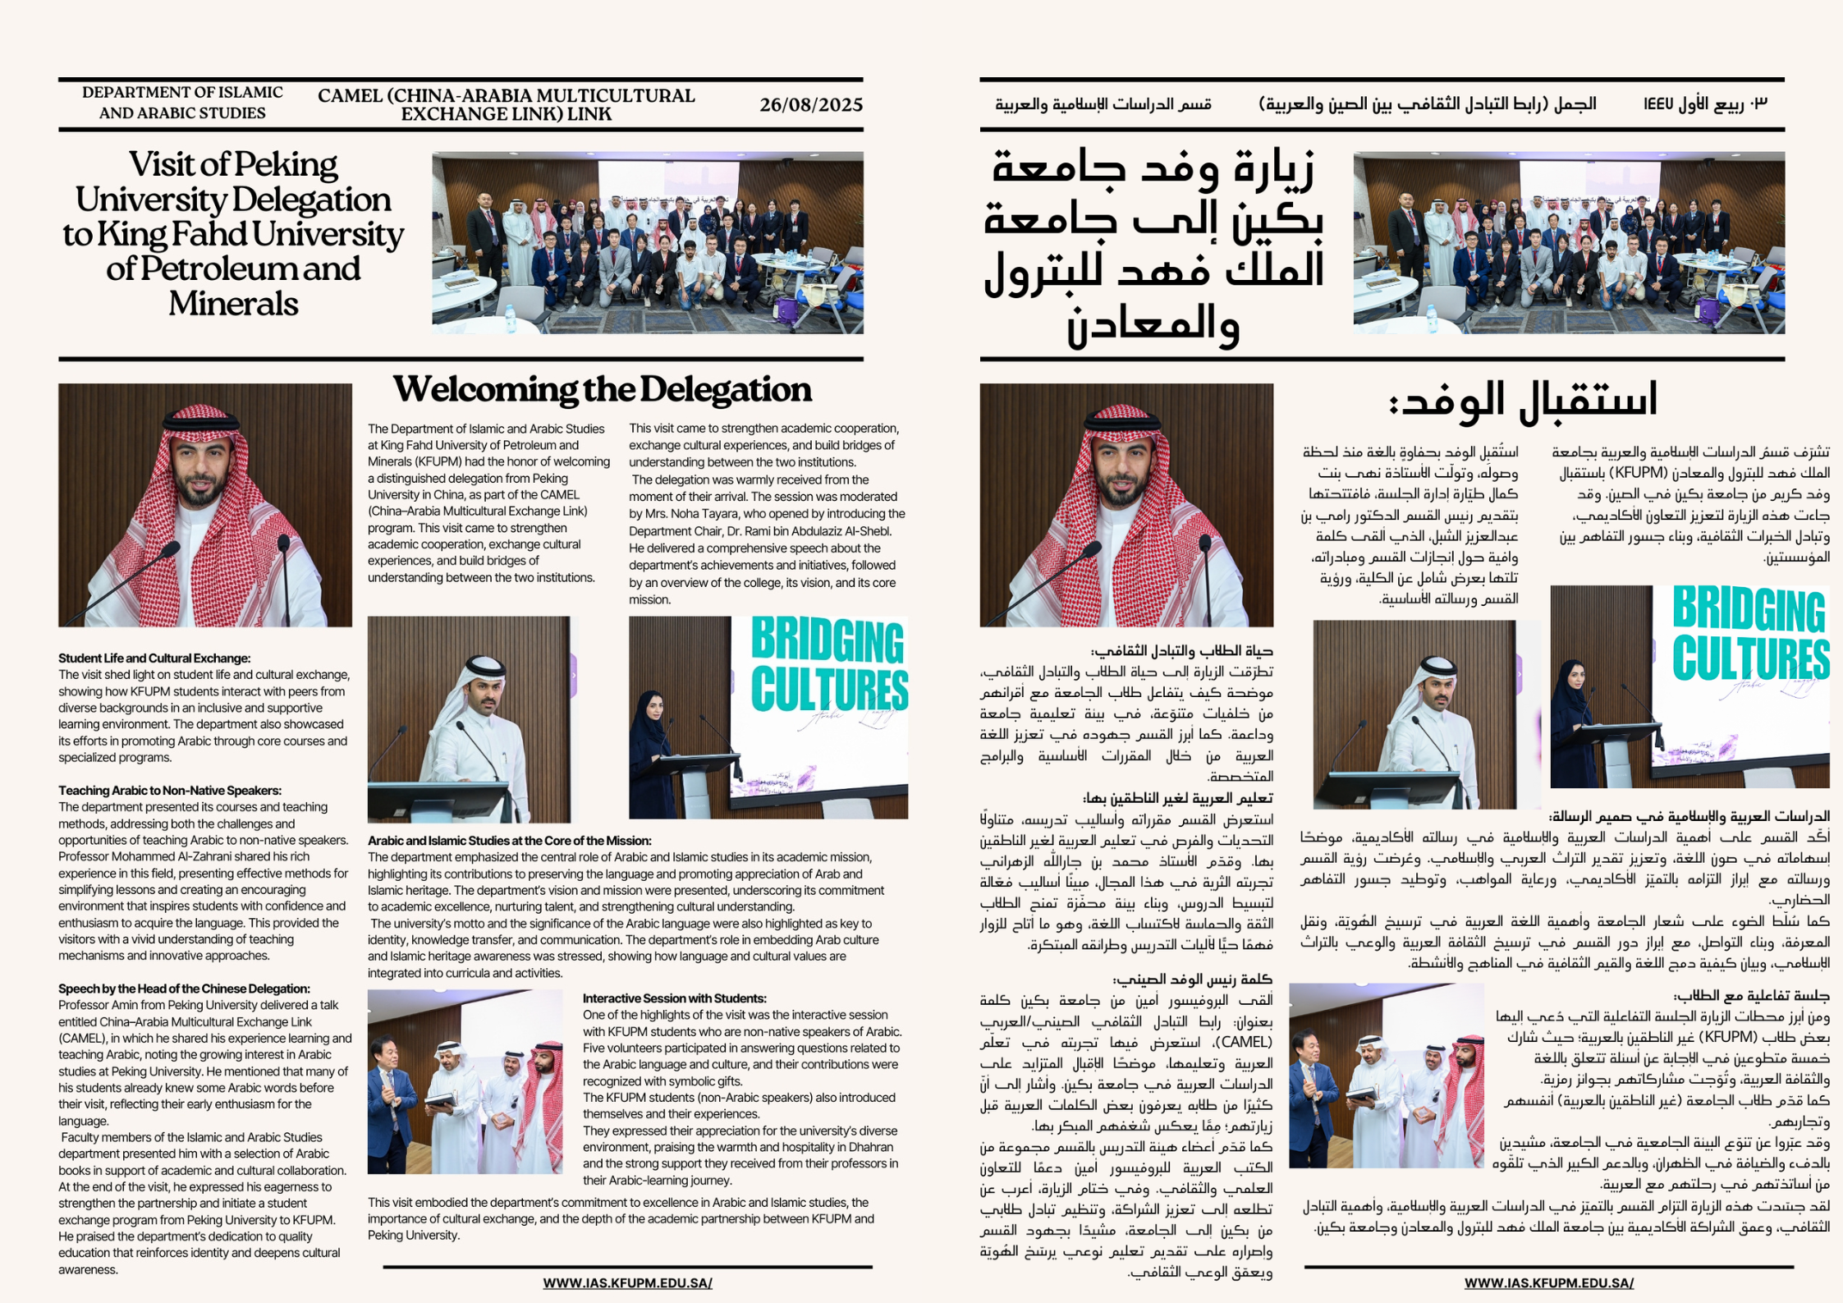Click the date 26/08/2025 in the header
coord(810,105)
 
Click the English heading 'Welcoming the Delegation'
coord(602,390)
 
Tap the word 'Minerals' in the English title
coord(233,305)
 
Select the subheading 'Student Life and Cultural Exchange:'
coord(154,658)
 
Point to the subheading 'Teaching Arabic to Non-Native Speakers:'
coord(170,791)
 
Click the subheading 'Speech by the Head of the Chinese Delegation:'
coord(184,989)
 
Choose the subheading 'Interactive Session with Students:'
coord(674,998)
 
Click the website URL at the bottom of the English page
coord(627,1282)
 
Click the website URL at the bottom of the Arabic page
coord(1548,1282)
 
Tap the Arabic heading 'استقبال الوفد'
coord(1523,401)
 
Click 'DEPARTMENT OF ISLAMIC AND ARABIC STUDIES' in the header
coord(182,103)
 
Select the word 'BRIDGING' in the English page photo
coord(827,641)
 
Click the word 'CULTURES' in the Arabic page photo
coord(1750,658)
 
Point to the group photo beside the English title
coord(647,242)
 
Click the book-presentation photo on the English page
coord(465,1081)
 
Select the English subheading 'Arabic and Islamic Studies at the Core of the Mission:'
coord(509,841)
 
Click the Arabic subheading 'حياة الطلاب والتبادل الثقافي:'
coord(1181,651)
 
